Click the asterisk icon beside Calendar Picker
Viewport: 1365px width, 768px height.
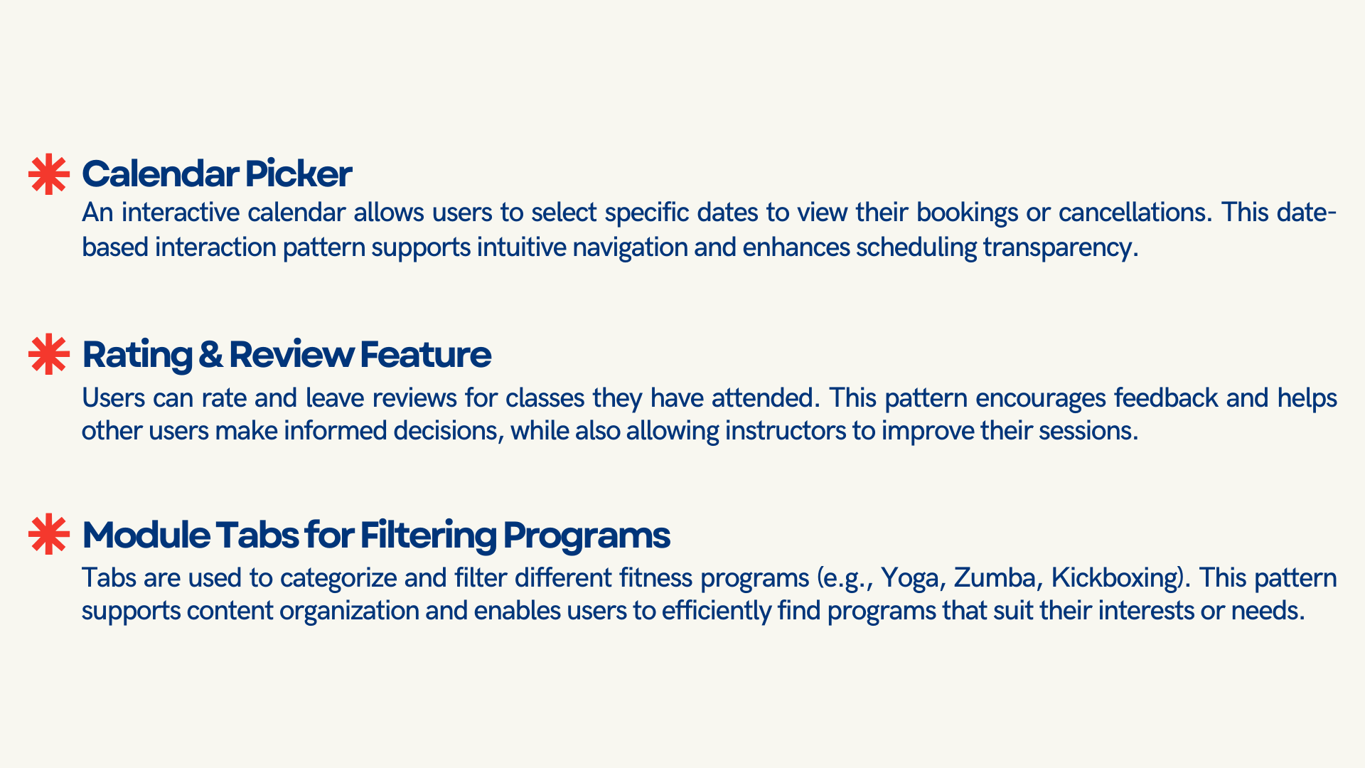point(49,174)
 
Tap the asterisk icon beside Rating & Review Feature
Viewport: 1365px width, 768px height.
point(49,354)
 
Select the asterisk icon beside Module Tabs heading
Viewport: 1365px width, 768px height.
point(49,534)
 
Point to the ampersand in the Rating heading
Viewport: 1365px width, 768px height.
point(210,355)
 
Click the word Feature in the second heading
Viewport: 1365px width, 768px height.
point(425,355)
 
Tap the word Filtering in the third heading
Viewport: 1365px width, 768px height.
point(428,535)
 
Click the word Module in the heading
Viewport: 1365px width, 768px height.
point(146,535)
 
